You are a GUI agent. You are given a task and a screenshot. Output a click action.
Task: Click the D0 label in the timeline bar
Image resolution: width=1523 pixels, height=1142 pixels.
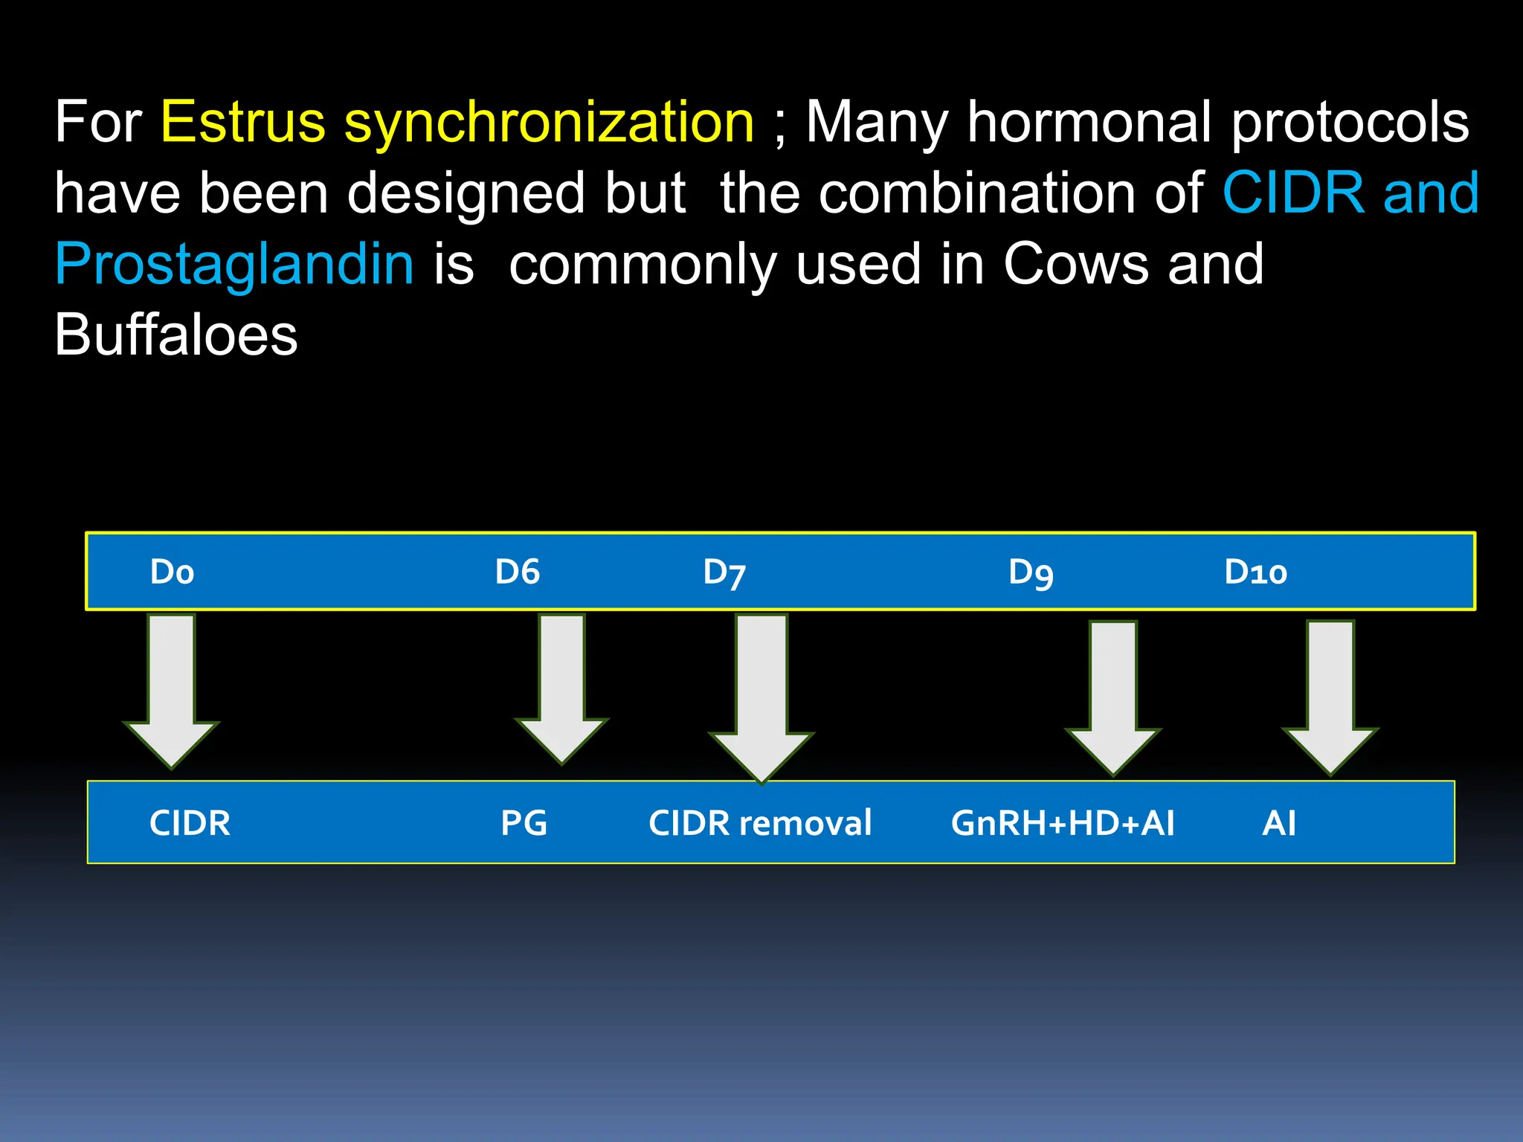coord(172,572)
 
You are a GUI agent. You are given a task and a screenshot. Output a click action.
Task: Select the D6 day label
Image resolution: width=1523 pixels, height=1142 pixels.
coord(518,572)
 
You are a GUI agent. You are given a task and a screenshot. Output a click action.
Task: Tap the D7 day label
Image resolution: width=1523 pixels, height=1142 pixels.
coord(724,573)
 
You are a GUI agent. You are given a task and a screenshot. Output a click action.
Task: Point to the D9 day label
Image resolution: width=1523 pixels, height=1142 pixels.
coord(1031,573)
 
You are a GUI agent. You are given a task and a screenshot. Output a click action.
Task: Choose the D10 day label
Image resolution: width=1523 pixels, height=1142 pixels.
coord(1255,572)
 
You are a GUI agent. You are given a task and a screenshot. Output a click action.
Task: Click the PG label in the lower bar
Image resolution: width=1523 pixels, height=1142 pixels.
coord(524,823)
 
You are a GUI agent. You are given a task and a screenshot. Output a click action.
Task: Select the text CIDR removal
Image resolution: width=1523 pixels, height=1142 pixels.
coord(760,823)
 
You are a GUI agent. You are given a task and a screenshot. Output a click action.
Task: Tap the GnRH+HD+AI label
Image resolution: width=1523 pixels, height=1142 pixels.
coord(1063,823)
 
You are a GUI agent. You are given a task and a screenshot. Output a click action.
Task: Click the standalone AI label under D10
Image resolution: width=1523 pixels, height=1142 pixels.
coord(1279,823)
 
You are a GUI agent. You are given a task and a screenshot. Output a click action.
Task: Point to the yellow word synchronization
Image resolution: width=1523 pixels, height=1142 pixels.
coord(549,123)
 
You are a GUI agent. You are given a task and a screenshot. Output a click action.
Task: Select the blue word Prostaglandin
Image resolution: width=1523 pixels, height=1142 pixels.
coord(234,265)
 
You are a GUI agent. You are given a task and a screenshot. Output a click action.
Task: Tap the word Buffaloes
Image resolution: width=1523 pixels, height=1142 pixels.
coord(176,335)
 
